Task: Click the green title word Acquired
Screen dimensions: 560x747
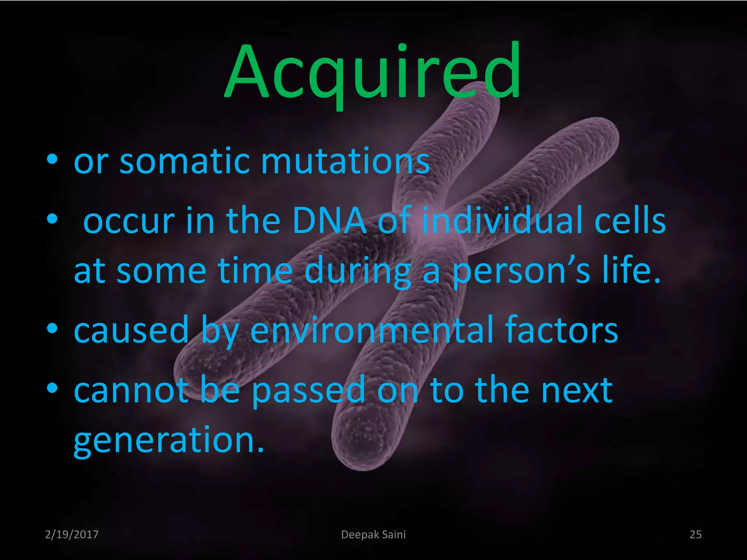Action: (x=372, y=73)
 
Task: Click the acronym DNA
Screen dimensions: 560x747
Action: (x=329, y=221)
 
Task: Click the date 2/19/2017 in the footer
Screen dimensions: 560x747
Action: (x=71, y=534)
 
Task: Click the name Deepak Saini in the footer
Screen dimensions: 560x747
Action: (x=373, y=534)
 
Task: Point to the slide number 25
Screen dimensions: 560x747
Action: (x=695, y=534)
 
